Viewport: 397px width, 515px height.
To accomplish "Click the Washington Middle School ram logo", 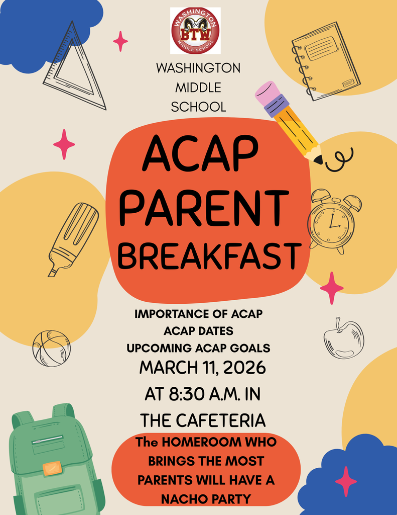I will (195, 31).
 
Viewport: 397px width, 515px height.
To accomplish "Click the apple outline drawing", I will (344, 339).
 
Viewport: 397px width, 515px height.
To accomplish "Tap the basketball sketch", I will (51, 348).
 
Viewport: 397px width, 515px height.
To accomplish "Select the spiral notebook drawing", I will (326, 61).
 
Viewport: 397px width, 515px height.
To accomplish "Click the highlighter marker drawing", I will (73, 238).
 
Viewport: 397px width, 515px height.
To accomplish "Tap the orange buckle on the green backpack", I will (52, 468).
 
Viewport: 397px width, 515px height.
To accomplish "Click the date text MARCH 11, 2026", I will (202, 368).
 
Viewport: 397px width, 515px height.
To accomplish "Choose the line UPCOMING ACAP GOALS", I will (198, 348).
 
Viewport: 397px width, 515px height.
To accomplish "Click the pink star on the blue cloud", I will (346, 481).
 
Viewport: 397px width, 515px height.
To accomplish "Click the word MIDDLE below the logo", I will (198, 87).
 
